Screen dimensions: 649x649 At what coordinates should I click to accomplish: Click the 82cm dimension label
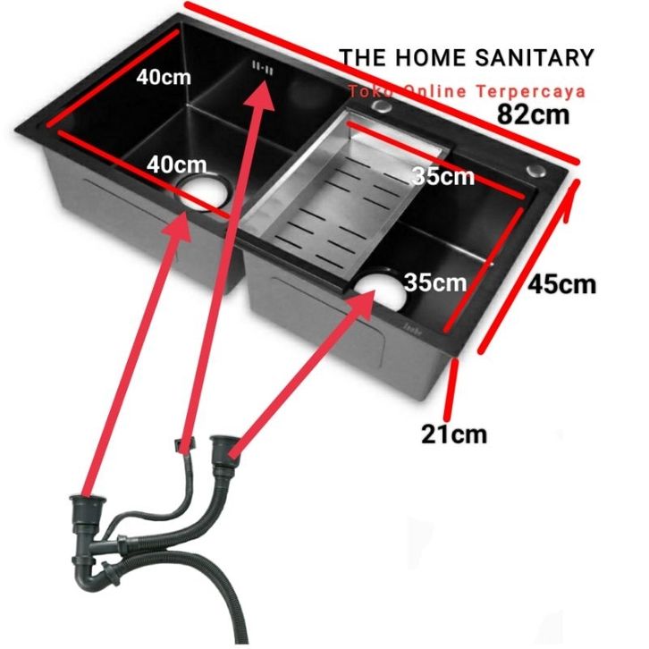(535, 114)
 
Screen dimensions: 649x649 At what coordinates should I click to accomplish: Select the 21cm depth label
(455, 434)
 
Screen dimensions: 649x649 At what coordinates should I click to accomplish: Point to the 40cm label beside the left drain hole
(177, 164)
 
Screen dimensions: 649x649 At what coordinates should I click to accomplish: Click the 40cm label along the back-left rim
(164, 77)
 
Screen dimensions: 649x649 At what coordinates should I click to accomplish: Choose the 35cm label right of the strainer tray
(443, 176)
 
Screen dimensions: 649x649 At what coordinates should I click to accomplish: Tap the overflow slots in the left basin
(265, 67)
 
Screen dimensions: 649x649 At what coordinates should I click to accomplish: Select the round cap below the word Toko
(383, 108)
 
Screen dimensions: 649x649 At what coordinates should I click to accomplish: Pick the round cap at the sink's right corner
(537, 171)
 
